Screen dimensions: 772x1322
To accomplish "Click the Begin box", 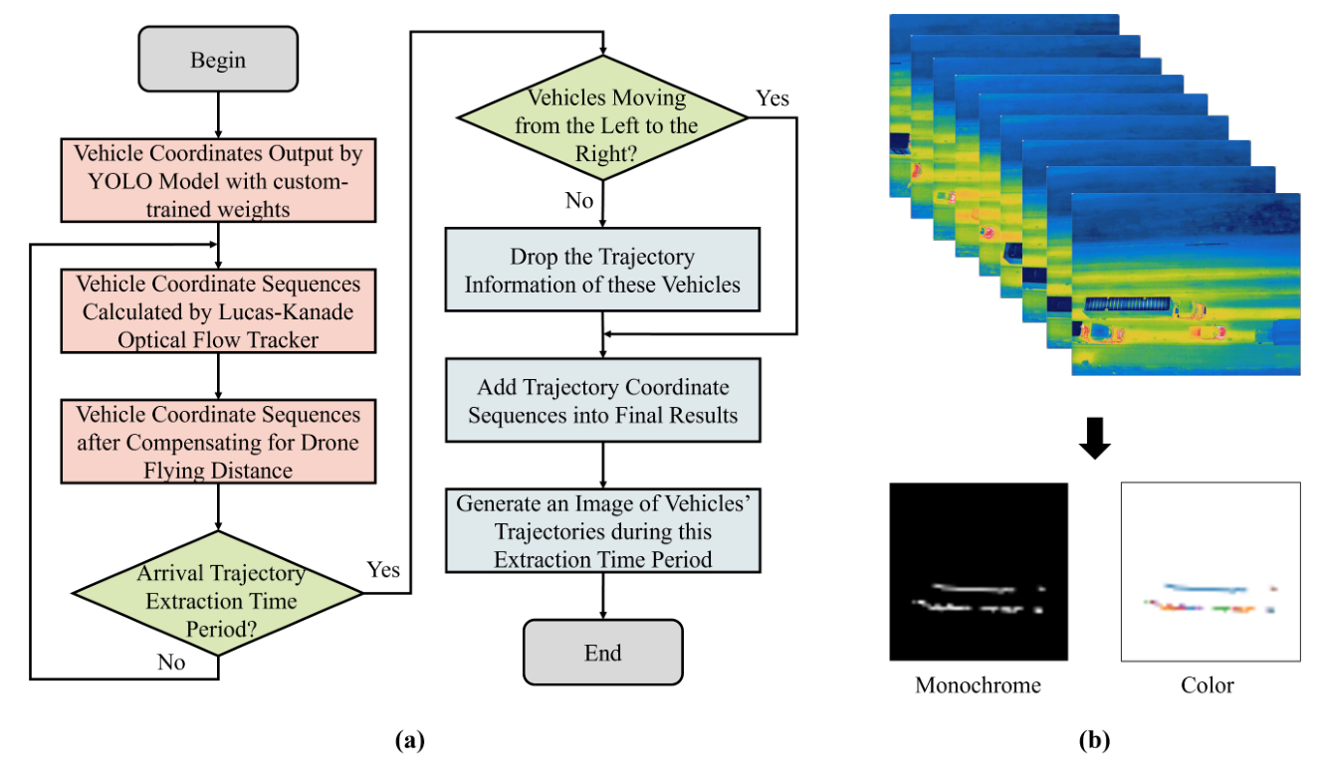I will pos(217,61).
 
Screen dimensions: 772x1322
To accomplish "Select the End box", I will pos(603,653).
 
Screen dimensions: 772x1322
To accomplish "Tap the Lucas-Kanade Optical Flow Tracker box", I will pos(217,310).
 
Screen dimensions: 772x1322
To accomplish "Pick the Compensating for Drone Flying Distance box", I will pos(217,441).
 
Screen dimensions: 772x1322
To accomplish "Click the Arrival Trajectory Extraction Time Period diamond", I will pos(217,601).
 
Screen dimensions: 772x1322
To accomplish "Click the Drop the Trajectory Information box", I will pos(603,271).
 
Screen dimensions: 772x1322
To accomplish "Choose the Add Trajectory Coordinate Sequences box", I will pos(603,400).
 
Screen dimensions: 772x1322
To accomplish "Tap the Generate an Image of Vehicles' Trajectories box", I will pos(603,530).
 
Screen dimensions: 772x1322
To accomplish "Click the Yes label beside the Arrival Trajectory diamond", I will pos(383,569).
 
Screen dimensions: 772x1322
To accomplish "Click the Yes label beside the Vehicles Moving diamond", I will pos(772,97).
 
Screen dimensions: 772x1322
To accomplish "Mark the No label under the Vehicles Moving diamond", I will pos(578,201).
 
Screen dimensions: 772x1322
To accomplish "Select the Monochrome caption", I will pos(978,685).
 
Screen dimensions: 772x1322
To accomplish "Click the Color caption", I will pos(1208,685).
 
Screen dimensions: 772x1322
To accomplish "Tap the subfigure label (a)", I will pos(410,740).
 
